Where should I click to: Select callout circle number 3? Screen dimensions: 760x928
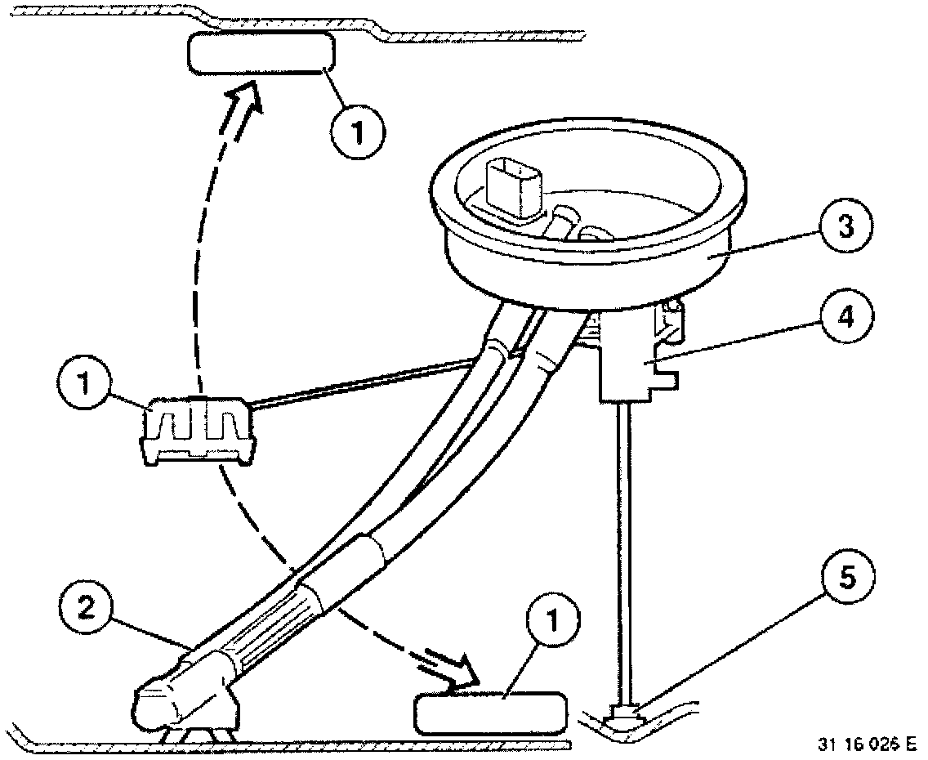point(845,226)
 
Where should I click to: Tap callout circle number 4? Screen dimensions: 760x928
point(845,315)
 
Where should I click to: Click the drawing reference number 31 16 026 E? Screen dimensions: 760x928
point(866,744)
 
